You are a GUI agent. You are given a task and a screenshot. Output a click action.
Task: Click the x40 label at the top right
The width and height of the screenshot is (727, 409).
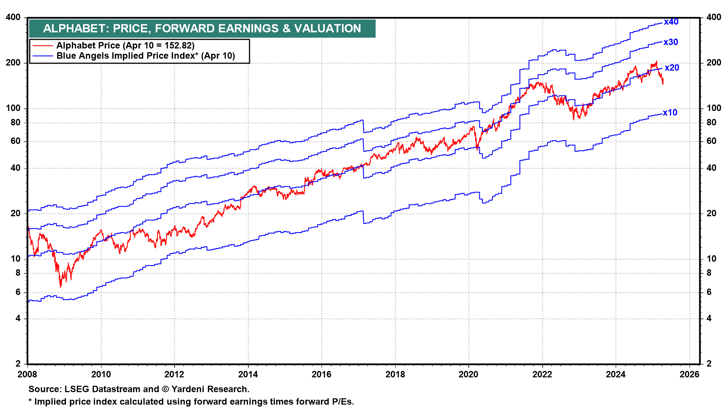(x=671, y=22)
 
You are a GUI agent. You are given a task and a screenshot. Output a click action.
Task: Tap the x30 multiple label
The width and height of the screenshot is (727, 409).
(x=671, y=42)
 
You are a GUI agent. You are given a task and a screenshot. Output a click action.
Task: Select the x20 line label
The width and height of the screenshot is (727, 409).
(x=672, y=68)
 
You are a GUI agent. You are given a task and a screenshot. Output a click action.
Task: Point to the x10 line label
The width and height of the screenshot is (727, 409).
(x=670, y=112)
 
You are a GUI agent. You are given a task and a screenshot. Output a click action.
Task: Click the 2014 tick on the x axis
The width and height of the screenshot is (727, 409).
(x=248, y=375)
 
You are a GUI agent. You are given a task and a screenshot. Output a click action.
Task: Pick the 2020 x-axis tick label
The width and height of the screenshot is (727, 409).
(x=468, y=375)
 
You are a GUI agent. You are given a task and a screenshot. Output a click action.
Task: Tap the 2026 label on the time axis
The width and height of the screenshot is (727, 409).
(x=689, y=375)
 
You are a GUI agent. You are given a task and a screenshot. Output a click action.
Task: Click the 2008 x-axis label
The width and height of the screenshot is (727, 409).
(x=28, y=375)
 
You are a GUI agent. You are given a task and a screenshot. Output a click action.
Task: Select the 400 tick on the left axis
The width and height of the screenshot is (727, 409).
(x=13, y=17)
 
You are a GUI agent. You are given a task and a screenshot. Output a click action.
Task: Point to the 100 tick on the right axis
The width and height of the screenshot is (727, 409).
(x=714, y=108)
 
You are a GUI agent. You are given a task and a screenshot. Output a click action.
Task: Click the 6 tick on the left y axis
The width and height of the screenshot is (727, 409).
(x=18, y=292)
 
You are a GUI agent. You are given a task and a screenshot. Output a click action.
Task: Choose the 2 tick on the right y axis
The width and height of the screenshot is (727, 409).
(x=709, y=364)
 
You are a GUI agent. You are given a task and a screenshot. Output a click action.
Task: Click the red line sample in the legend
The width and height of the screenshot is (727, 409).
(x=42, y=46)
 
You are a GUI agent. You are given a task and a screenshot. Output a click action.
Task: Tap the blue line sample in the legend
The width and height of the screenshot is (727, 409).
(x=42, y=56)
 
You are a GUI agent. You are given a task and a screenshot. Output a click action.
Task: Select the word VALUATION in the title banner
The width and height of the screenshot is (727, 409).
(x=328, y=28)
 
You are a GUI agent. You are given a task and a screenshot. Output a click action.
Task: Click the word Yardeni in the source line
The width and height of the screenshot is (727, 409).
(x=187, y=389)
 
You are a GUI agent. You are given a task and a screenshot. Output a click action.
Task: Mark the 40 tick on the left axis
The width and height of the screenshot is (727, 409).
(x=16, y=168)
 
